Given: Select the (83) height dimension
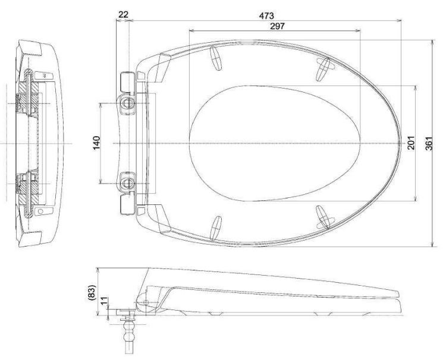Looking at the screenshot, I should [91, 291].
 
